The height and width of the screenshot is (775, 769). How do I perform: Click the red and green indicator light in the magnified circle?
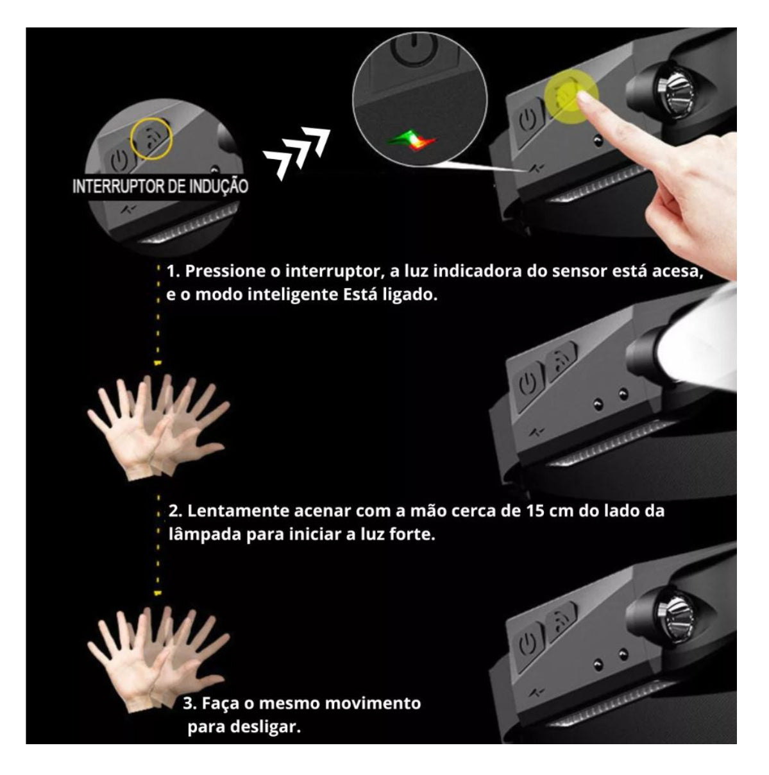coord(411,139)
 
